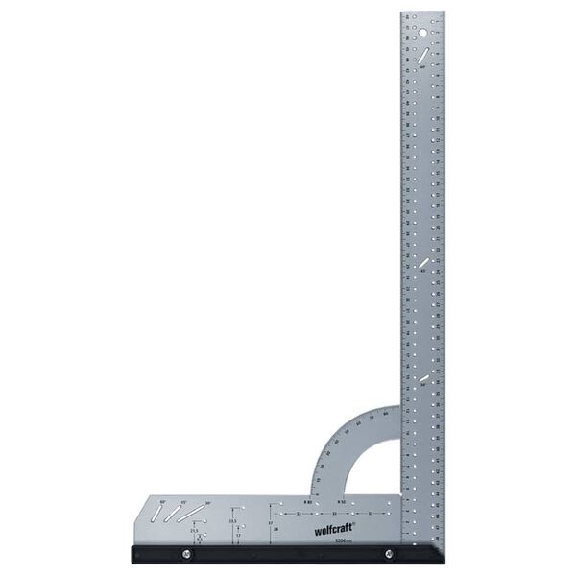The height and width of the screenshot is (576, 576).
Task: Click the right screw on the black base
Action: pyautogui.click(x=389, y=554)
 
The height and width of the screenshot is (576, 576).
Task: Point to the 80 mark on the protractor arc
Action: pyautogui.click(x=385, y=415)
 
